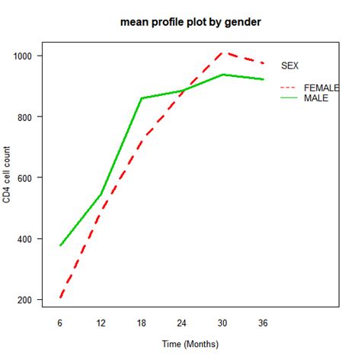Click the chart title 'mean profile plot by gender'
[x=190, y=22]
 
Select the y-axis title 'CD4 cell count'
[x=7, y=177]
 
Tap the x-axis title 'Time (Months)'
[x=190, y=344]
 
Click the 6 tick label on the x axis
[x=60, y=322]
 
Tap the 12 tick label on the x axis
[x=101, y=322]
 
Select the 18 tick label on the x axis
[x=141, y=322]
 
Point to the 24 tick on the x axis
[x=181, y=322]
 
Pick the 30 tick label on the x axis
[x=222, y=322]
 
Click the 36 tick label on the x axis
[x=262, y=322]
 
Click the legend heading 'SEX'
[x=290, y=66]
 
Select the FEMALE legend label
[x=321, y=88]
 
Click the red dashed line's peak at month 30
[x=222, y=53]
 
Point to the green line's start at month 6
[x=60, y=246]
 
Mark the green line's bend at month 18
[x=141, y=98]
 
